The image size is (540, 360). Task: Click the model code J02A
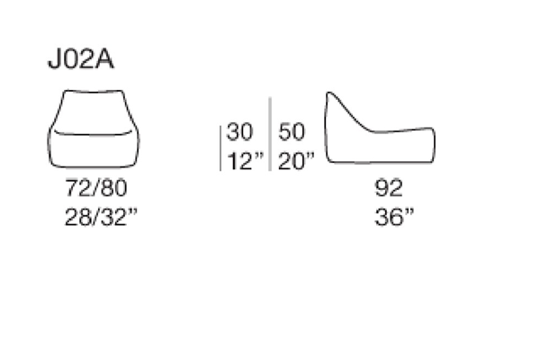pos(81,59)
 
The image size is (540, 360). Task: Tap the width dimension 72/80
pos(96,188)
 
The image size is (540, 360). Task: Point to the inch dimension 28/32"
pos(101,217)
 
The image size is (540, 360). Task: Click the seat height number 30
pos(239,131)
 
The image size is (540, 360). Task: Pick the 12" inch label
pos(245,161)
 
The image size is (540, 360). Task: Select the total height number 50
pos(292,131)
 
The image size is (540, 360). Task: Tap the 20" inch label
pos(296,161)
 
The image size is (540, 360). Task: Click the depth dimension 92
pos(389,188)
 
